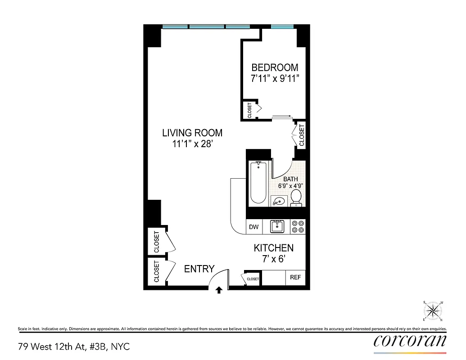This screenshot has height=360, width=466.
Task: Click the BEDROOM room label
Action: [x=274, y=67]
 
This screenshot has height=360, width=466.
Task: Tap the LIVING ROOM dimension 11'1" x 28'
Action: [x=192, y=144]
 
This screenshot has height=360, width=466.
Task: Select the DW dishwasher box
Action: [x=254, y=227]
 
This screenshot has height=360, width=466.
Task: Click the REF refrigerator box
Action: [x=295, y=278]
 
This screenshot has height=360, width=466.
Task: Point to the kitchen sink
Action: [x=276, y=226]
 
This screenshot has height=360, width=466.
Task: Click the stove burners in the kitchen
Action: [x=298, y=226]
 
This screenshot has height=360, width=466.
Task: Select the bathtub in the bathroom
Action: [x=258, y=183]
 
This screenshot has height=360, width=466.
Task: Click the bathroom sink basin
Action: [x=278, y=201]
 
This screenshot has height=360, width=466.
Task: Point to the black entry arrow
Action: [x=219, y=290]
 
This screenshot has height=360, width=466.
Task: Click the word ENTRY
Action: [x=199, y=269]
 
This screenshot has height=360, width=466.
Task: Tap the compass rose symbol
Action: [x=433, y=310]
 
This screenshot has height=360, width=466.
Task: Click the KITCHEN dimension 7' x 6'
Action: [x=273, y=259]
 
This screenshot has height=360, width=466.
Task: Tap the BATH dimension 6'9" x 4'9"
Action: [x=290, y=184]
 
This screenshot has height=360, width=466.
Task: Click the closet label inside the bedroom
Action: [x=249, y=110]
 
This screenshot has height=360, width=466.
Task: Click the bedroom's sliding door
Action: [x=283, y=117]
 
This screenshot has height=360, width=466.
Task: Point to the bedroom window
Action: [x=282, y=27]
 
